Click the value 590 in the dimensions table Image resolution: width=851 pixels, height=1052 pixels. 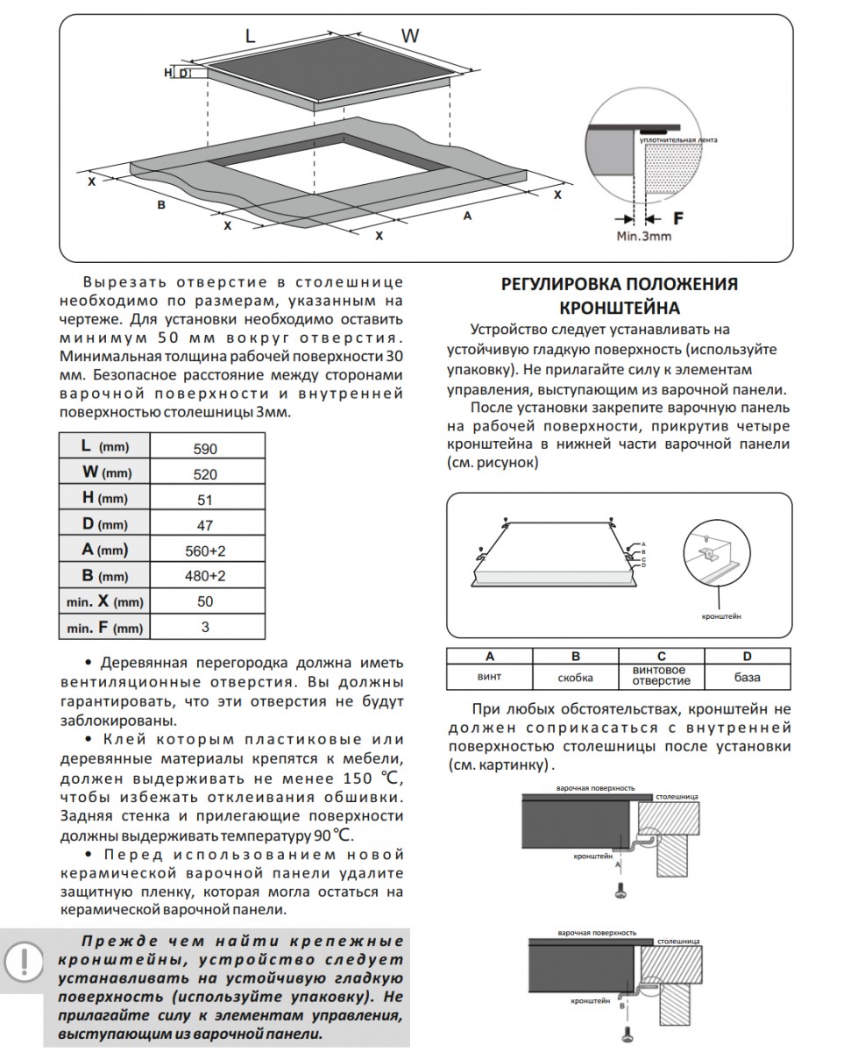point(207,448)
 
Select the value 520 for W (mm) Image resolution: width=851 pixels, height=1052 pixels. point(207,473)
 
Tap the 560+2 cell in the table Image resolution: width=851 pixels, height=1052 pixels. point(207,551)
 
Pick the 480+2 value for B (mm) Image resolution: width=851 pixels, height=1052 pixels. point(207,577)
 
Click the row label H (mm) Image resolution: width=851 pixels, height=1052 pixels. point(104,499)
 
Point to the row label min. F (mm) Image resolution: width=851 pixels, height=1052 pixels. point(104,628)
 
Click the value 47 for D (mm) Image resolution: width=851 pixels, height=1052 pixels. point(207,525)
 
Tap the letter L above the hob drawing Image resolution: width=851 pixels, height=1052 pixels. point(250,36)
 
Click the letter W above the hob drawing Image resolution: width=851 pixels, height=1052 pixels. point(410,36)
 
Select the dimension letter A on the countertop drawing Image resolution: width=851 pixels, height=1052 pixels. point(467,216)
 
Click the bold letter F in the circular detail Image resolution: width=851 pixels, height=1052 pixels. point(677,217)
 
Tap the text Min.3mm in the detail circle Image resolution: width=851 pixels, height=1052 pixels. point(643,236)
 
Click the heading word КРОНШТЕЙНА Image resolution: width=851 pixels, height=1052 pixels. point(619,308)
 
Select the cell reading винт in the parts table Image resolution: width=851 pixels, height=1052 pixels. point(489,677)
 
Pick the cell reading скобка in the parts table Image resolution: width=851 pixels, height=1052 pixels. point(575,677)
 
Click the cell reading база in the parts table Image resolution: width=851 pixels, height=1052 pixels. point(748,677)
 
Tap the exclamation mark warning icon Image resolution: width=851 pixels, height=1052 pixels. point(27,959)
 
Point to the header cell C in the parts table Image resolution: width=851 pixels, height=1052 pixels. point(662,656)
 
